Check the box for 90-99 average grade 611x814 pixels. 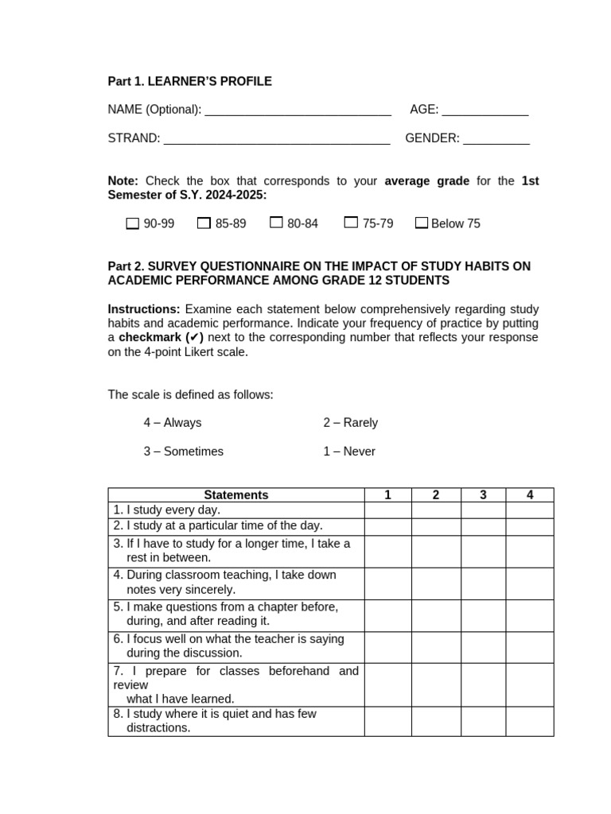tap(133, 223)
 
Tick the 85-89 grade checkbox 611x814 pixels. tap(204, 223)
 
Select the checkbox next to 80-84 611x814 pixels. tap(276, 223)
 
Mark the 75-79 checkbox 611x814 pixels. tap(351, 223)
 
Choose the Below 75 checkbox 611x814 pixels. tap(422, 223)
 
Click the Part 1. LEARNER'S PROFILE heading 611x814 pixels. tap(189, 81)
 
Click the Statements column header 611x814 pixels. tap(236, 495)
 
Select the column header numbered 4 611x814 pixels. tap(530, 495)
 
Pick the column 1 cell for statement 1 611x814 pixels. tap(387, 510)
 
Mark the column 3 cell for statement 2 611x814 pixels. tap(483, 526)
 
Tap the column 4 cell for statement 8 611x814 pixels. tap(530, 721)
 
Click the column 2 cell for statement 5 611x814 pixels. tap(436, 615)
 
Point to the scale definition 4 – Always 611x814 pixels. tap(173, 423)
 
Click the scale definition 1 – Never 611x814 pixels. tap(349, 452)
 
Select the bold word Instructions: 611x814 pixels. tap(144, 309)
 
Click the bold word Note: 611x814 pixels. tap(123, 181)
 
